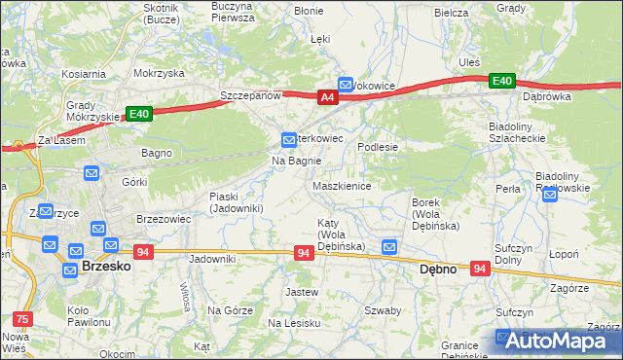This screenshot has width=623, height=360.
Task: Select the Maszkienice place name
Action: tap(342, 186)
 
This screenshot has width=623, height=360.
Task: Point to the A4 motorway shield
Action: tap(328, 96)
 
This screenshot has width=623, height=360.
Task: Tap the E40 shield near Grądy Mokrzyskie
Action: tap(138, 114)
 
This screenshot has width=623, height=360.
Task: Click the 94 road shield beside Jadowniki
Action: tap(143, 252)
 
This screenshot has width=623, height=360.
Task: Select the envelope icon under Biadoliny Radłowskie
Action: tap(550, 196)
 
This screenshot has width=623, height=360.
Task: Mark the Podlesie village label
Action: tap(379, 147)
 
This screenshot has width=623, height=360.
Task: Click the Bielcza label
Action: tap(453, 13)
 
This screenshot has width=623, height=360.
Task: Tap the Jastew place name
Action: tap(302, 292)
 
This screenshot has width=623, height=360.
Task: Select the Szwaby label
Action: tap(383, 311)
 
